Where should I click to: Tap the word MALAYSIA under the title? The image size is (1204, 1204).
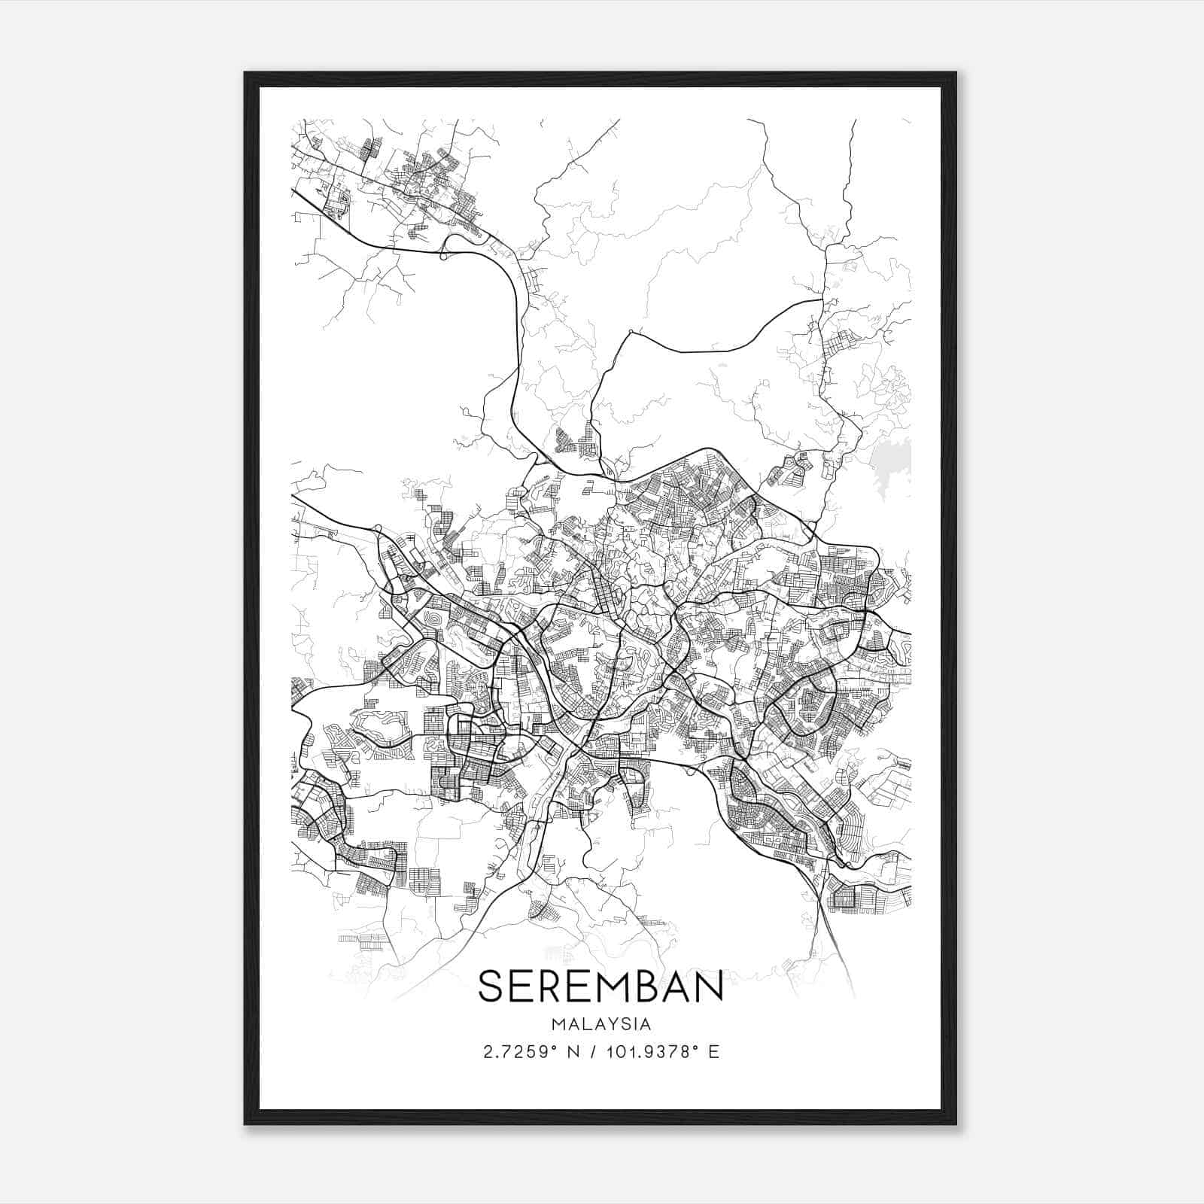pyautogui.click(x=600, y=1024)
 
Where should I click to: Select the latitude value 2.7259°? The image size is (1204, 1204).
pyautogui.click(x=518, y=1051)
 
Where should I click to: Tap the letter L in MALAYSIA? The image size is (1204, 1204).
pyautogui.click(x=584, y=1024)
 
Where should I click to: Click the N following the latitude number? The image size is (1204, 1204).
pyautogui.click(x=573, y=1051)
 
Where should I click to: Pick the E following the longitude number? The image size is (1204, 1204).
pyautogui.click(x=714, y=1051)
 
